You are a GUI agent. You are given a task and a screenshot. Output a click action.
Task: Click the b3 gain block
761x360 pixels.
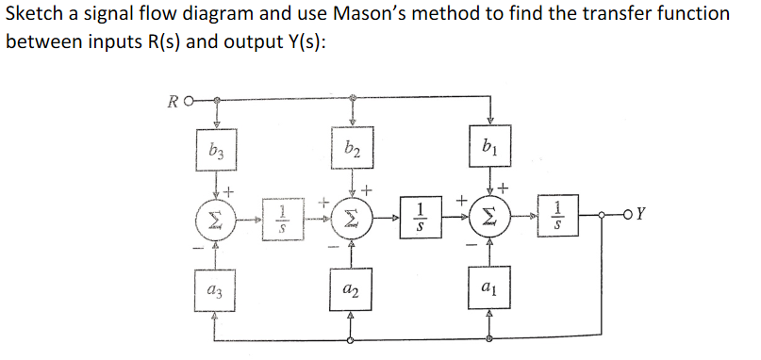(x=217, y=149)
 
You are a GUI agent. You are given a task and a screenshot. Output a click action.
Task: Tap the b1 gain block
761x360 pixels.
(x=489, y=147)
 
